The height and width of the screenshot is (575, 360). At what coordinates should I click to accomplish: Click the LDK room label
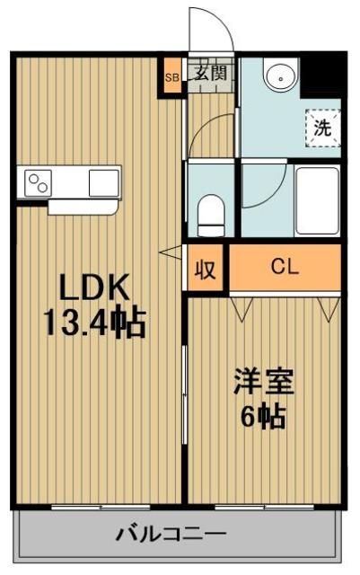click(x=95, y=288)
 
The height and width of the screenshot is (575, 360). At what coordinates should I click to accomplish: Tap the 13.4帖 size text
click(x=95, y=322)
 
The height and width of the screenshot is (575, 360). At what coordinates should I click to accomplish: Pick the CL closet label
click(x=286, y=267)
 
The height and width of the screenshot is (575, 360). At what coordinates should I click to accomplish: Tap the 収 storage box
click(x=206, y=269)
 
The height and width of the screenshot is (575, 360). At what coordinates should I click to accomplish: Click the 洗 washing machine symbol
click(x=322, y=127)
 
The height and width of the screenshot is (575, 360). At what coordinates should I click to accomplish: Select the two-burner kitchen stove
click(x=40, y=184)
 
